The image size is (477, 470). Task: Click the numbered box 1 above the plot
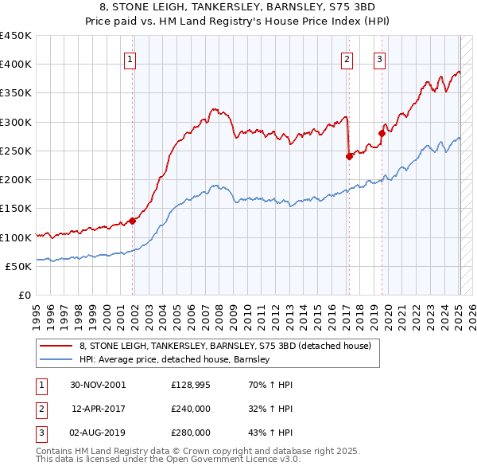(130, 58)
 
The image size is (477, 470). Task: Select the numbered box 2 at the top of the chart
(347, 58)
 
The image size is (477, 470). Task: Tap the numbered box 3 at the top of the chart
(380, 58)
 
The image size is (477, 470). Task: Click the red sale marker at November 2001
(133, 221)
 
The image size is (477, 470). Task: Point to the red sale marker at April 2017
(349, 156)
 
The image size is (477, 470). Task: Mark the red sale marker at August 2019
(382, 133)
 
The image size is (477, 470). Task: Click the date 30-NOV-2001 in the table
(98, 385)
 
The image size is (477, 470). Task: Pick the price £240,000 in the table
(191, 409)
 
